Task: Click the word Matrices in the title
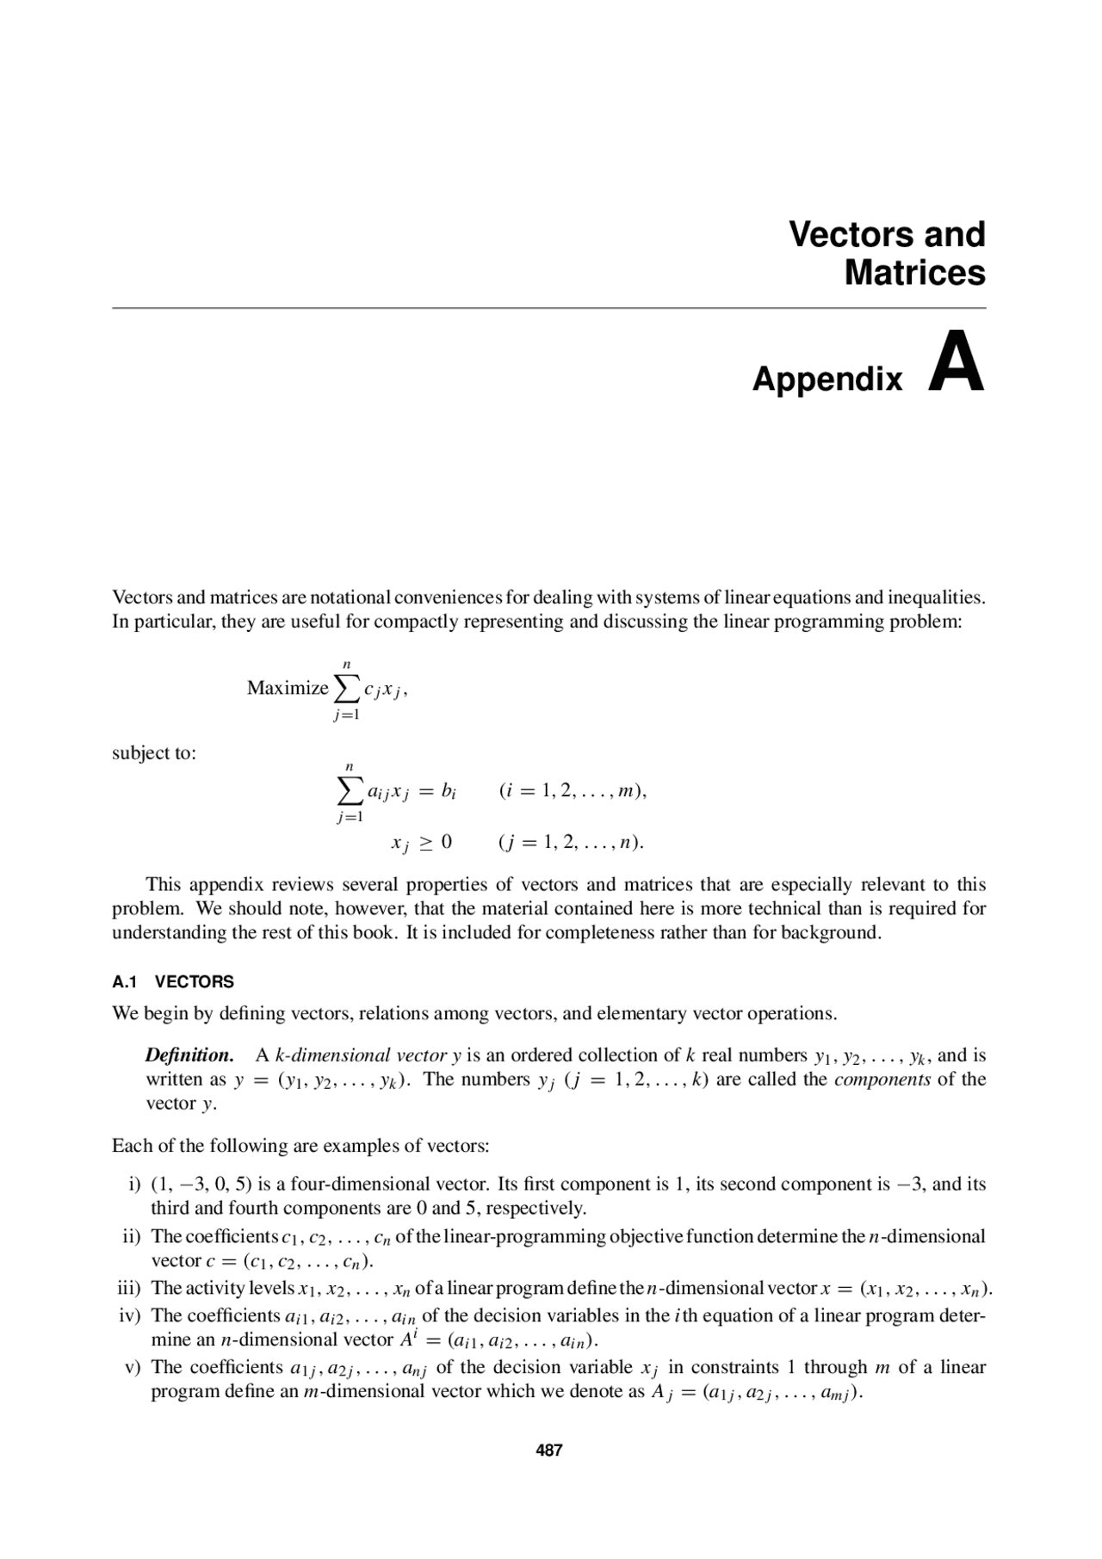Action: [914, 273]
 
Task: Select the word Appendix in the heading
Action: [827, 379]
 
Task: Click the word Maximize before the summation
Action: [288, 688]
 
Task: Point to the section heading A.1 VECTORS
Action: [173, 982]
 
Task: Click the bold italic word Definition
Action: [189, 1055]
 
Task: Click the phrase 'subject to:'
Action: [154, 753]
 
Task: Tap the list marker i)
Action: [134, 1185]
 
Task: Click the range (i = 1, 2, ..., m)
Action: [573, 790]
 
